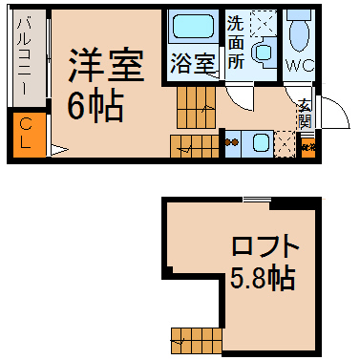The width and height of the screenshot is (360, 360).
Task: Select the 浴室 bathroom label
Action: pyautogui.click(x=194, y=65)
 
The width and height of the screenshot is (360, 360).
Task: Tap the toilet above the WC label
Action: pyautogui.click(x=299, y=33)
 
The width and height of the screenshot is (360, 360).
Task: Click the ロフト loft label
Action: pyautogui.click(x=265, y=245)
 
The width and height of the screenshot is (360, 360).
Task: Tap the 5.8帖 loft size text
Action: pyautogui.click(x=261, y=279)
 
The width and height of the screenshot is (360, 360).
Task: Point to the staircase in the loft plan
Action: pyautogui.click(x=195, y=337)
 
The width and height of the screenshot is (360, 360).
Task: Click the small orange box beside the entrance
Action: pyautogui.click(x=307, y=147)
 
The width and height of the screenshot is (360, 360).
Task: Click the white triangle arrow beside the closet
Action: pyautogui.click(x=56, y=148)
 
